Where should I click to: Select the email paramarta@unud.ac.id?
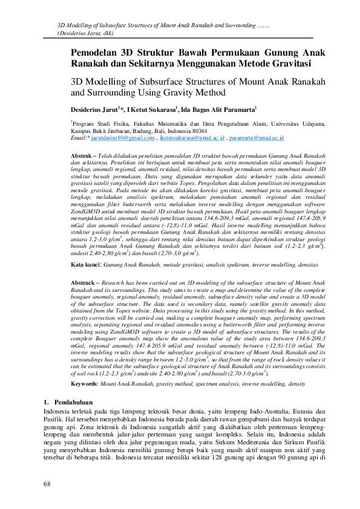[260, 138]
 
